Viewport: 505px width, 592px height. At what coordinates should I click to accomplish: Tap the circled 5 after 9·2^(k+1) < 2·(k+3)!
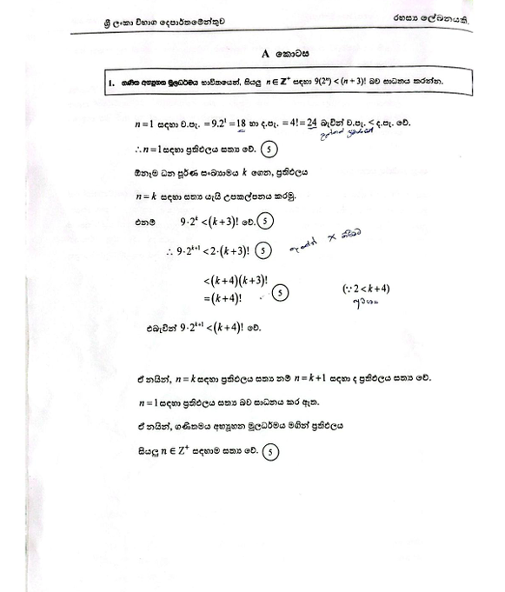[264, 252]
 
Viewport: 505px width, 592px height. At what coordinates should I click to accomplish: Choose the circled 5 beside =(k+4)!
[280, 293]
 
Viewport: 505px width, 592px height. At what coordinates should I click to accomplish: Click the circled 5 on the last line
[272, 451]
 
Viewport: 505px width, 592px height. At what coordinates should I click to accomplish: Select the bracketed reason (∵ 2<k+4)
[365, 289]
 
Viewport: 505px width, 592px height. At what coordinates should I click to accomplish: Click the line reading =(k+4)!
[224, 297]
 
